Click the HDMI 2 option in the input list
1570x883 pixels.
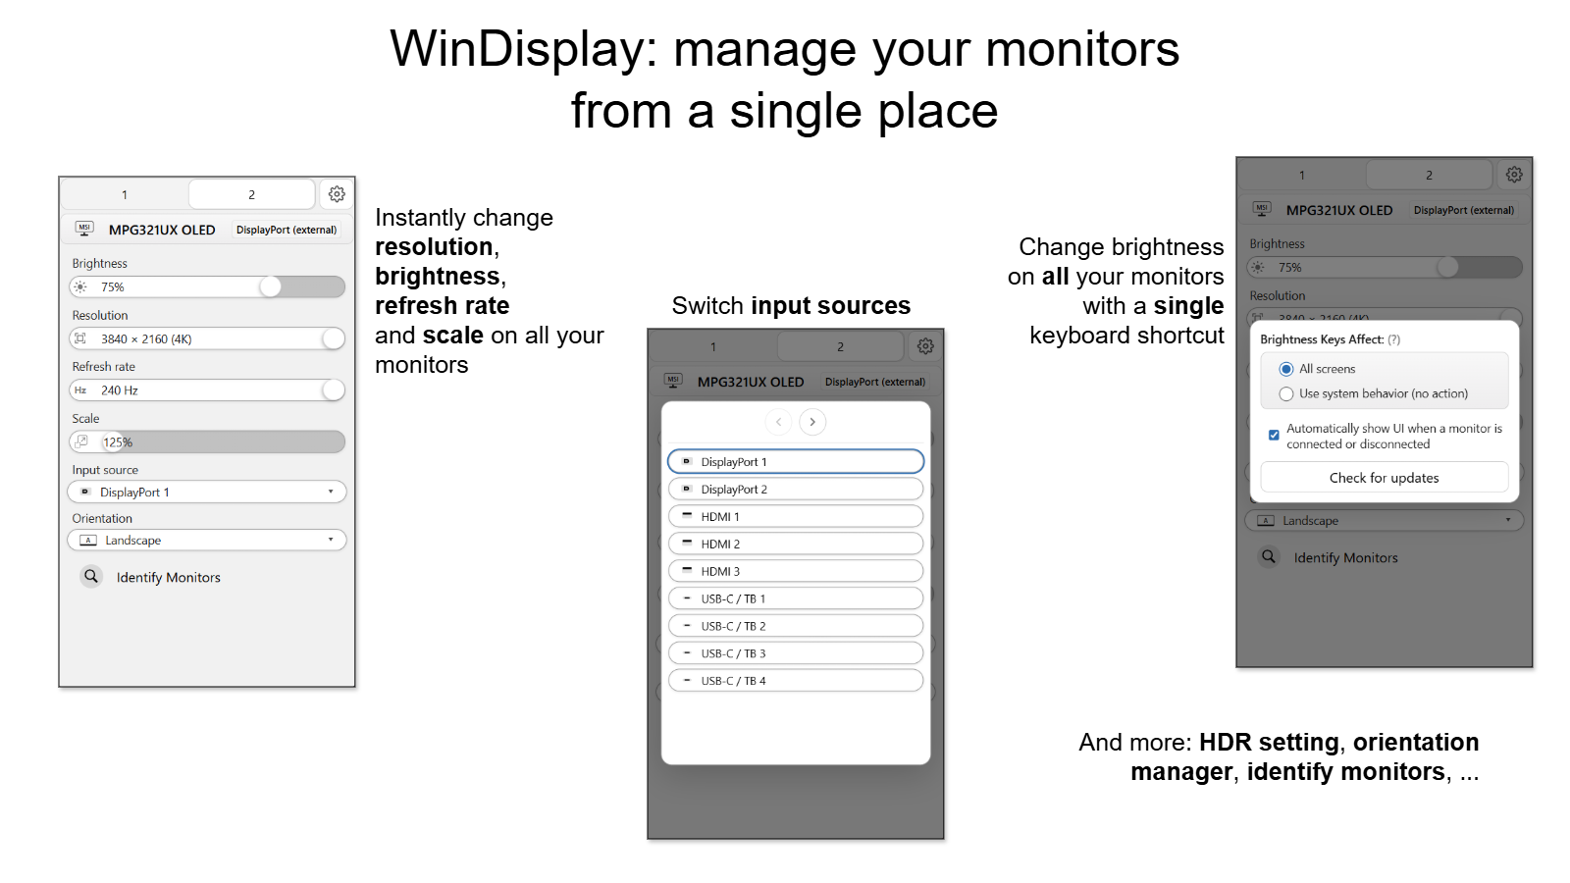(x=795, y=544)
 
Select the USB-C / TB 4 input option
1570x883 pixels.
(x=795, y=681)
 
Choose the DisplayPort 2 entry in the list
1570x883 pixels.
(x=795, y=489)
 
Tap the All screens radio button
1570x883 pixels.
(x=1286, y=369)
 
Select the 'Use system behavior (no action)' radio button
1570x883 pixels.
(x=1286, y=393)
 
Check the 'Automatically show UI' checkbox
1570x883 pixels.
(x=1274, y=435)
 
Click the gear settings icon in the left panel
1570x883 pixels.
(x=337, y=194)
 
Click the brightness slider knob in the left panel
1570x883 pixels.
(x=271, y=286)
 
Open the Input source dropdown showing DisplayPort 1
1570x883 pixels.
(x=207, y=492)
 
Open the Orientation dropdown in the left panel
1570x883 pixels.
(x=207, y=540)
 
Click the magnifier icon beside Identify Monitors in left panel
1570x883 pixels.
(x=91, y=576)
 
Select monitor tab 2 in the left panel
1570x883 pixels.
(x=251, y=194)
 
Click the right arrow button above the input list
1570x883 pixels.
(x=812, y=422)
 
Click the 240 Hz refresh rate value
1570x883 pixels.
(x=120, y=390)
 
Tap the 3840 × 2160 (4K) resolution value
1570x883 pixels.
(x=146, y=338)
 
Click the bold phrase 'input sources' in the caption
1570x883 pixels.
(x=830, y=306)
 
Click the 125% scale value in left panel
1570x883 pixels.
(x=118, y=442)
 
